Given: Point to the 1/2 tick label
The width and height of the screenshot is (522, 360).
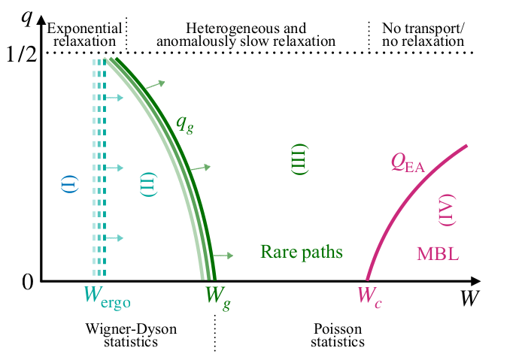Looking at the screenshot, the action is pos(22,53).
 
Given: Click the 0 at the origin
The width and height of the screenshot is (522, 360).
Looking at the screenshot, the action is pos(27,281).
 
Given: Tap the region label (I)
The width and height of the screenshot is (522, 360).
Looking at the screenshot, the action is pos(73,183).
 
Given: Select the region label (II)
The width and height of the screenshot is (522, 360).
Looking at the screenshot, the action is pos(148,183).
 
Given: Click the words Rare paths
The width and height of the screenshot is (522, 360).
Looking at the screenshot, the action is pos(302,252).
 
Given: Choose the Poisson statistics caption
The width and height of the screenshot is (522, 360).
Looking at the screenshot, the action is pos(338,335).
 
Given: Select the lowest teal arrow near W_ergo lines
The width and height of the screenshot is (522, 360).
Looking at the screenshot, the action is pos(114,238).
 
